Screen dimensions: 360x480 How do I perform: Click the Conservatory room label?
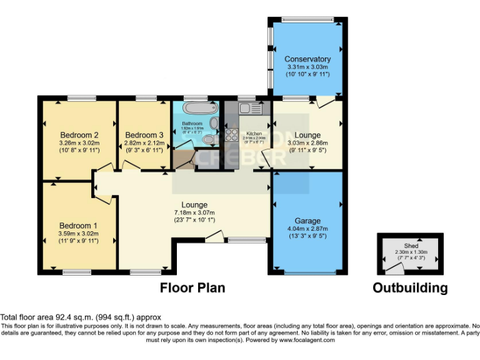coord(307,59)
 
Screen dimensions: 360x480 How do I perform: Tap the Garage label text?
coord(307,221)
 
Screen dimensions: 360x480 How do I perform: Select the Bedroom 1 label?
coord(79,226)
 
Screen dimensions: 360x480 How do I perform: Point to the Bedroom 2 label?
coord(79,135)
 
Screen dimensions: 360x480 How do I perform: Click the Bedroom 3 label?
coord(144,135)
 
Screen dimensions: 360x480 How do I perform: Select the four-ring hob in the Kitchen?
coord(229,134)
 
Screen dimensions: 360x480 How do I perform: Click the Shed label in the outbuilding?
coord(410,246)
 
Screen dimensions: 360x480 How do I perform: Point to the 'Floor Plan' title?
coord(192,288)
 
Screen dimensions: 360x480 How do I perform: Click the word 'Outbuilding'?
coord(410,288)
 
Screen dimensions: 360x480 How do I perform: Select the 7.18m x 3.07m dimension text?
coord(194,212)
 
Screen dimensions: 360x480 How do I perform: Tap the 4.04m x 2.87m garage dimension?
coord(307,229)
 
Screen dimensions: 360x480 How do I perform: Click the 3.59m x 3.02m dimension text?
coord(79,234)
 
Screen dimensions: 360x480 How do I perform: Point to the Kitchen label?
coord(254,133)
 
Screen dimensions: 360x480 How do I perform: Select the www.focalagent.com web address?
coord(306,340)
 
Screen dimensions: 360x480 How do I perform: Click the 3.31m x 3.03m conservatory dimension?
coord(307,67)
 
